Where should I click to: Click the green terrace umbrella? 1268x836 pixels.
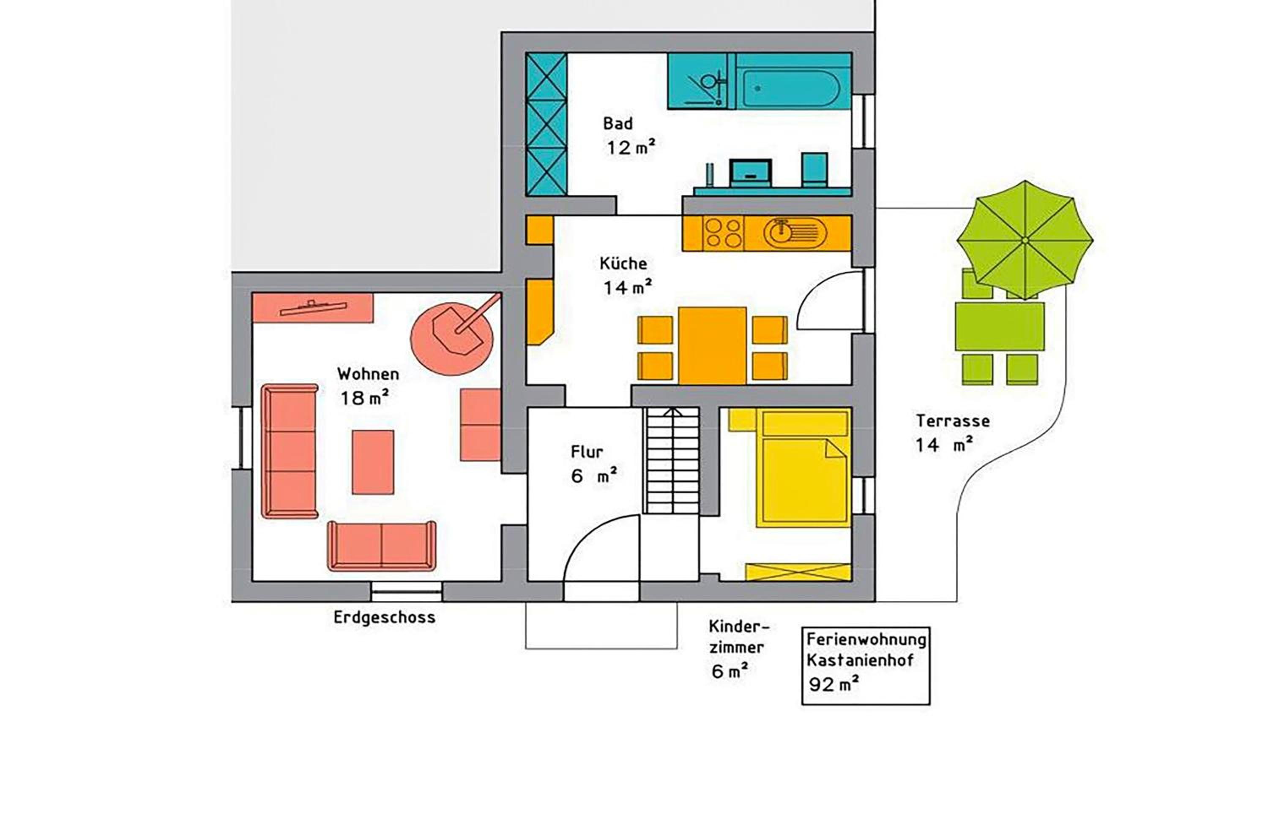click(1024, 241)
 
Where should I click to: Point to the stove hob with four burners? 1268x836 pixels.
click(724, 233)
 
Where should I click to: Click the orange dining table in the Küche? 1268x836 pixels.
click(713, 345)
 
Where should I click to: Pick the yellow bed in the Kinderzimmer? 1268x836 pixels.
click(803, 469)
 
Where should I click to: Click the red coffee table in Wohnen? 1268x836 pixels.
click(372, 462)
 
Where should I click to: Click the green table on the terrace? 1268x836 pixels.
click(1000, 326)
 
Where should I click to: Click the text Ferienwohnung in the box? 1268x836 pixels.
click(866, 639)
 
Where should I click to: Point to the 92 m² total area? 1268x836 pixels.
click(833, 684)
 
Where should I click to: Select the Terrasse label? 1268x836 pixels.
click(953, 421)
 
